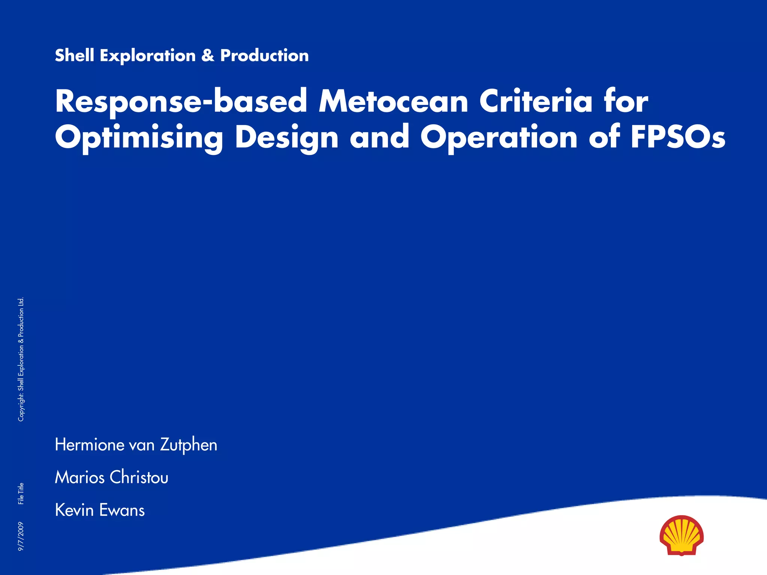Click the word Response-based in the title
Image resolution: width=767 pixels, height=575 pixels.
tap(181, 102)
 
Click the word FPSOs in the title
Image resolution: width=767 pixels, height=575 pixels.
tap(678, 137)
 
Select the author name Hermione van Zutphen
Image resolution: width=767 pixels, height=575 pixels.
tap(136, 445)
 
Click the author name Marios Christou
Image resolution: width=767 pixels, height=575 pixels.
tap(112, 478)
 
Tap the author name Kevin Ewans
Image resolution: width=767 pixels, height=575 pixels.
tap(100, 510)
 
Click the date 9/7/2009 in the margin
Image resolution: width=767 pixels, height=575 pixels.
tap(21, 536)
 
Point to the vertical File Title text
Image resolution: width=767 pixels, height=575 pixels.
tap(21, 493)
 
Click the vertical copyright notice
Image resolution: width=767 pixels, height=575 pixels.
tap(21, 359)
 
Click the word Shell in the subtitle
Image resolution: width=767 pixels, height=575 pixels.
tap(74, 55)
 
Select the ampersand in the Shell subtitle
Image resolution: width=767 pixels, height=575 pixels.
tap(208, 55)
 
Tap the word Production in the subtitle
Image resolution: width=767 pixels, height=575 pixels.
tap(264, 55)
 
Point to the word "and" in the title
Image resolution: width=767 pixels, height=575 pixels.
tap(379, 137)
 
